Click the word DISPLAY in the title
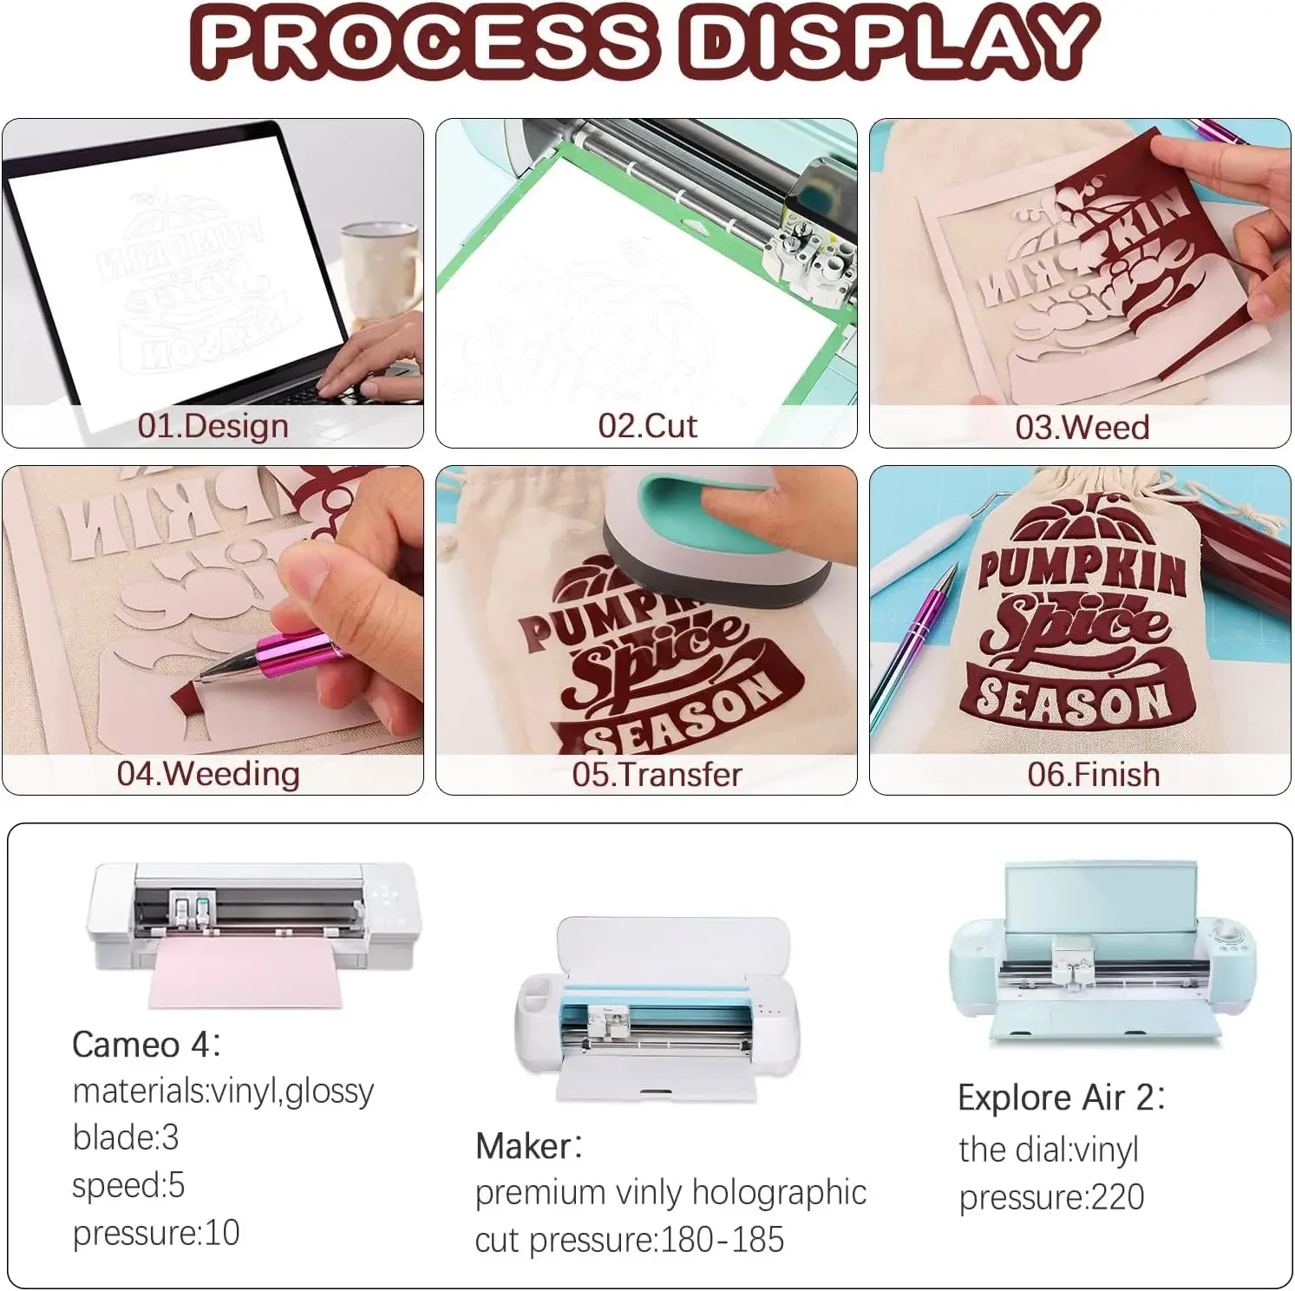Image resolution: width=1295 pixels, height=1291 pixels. [x=890, y=41]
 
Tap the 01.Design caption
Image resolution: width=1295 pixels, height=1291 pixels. [x=213, y=426]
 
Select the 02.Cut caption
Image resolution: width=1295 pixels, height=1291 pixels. [x=647, y=426]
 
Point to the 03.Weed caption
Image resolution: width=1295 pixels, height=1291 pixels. [x=1082, y=428]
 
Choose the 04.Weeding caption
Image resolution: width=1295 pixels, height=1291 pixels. [x=208, y=773]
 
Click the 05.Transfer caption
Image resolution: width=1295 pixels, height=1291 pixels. [x=657, y=775]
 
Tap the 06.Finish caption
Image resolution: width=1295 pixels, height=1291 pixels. [x=1093, y=775]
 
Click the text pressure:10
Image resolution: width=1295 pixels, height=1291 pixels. [x=156, y=1233]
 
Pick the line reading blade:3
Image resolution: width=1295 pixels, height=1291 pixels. [x=126, y=1137]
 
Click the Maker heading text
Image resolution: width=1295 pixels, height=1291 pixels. [x=528, y=1146]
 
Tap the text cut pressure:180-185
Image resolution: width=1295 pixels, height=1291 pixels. [x=629, y=1240]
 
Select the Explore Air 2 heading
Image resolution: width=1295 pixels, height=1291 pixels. [x=1061, y=1098]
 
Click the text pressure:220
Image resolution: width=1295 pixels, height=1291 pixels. [x=1051, y=1197]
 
